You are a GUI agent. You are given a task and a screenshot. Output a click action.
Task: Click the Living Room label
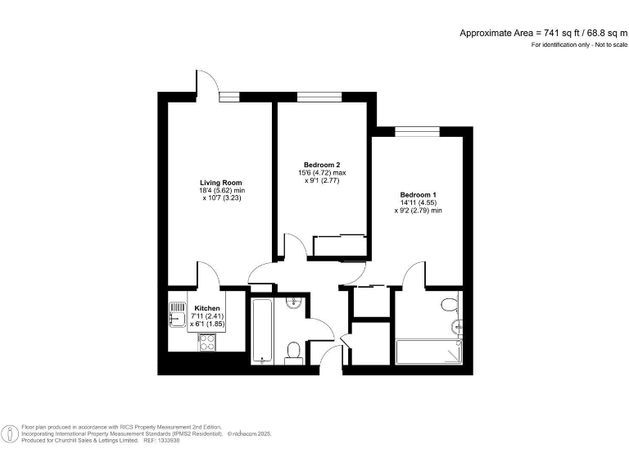[221, 182]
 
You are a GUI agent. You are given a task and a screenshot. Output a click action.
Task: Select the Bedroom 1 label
[418, 194]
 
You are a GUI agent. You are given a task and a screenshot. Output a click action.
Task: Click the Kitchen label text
[206, 308]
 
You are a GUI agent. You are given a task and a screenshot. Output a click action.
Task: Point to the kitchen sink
[178, 312]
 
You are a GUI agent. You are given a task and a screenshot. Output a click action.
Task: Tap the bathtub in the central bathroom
[262, 331]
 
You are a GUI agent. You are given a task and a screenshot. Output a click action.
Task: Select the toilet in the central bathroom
[293, 353]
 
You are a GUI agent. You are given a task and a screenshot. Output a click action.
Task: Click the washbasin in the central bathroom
[295, 303]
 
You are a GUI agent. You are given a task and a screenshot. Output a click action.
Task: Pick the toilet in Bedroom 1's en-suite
[448, 305]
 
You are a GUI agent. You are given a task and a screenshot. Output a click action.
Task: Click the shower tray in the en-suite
[428, 352]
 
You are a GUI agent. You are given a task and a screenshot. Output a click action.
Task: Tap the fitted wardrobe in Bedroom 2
[339, 245]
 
